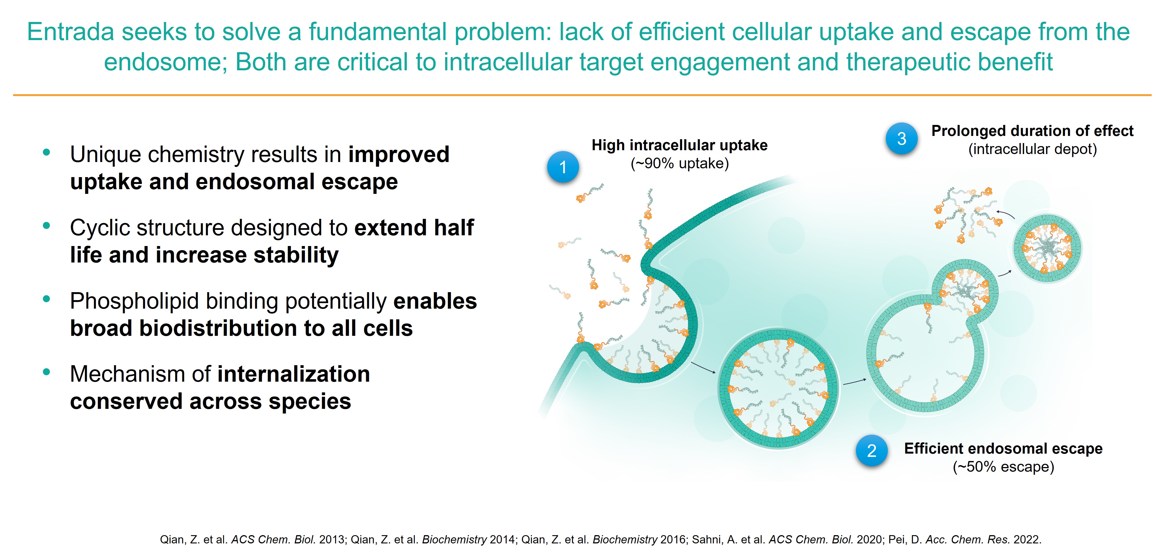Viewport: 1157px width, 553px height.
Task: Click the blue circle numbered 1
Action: [x=563, y=167]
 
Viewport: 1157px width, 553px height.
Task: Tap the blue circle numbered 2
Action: [x=872, y=450]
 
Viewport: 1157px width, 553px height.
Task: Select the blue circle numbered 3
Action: [x=902, y=138]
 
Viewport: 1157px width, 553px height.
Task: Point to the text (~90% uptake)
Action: [x=680, y=163]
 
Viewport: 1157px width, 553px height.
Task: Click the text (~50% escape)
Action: [x=1003, y=467]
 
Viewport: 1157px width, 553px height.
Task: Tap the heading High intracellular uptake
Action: [x=680, y=145]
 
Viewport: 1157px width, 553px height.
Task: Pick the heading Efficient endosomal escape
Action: [x=1003, y=448]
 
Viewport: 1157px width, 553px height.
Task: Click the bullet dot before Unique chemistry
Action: [x=46, y=153]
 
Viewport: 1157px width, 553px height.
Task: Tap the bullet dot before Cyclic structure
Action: [x=46, y=226]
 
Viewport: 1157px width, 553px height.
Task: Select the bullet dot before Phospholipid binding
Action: [x=46, y=299]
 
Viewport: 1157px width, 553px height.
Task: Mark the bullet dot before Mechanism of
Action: [x=46, y=372]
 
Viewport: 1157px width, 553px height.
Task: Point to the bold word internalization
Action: [x=294, y=374]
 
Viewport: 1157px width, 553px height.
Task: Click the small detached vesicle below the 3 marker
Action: [x=1047, y=248]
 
